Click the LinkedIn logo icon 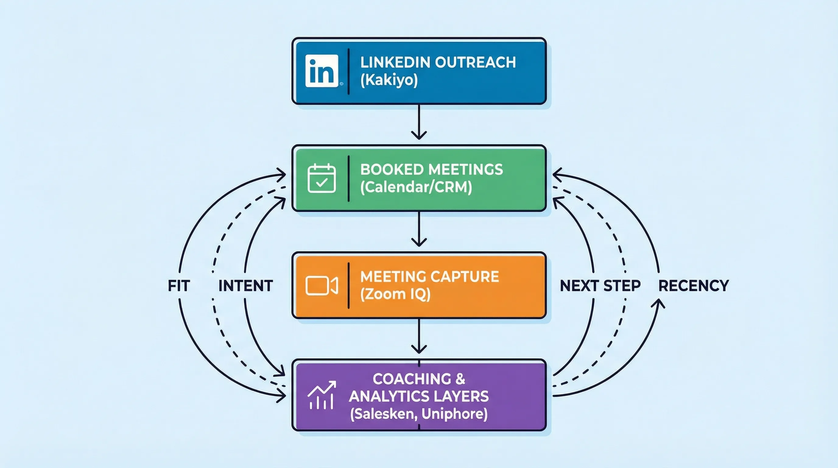coord(322,71)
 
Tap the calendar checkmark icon coord(322,178)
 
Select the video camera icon coord(322,286)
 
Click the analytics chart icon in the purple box coord(322,395)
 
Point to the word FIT coord(179,286)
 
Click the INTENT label coord(246,286)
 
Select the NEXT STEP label coord(600,286)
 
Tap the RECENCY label coord(693,286)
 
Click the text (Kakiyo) coord(389,80)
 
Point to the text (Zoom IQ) coord(395,294)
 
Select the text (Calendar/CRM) coord(416,187)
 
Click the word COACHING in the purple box coord(412,379)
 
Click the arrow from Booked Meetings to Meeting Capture coord(419,229)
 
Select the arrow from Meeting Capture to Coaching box coord(419,337)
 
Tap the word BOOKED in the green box coord(391,170)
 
